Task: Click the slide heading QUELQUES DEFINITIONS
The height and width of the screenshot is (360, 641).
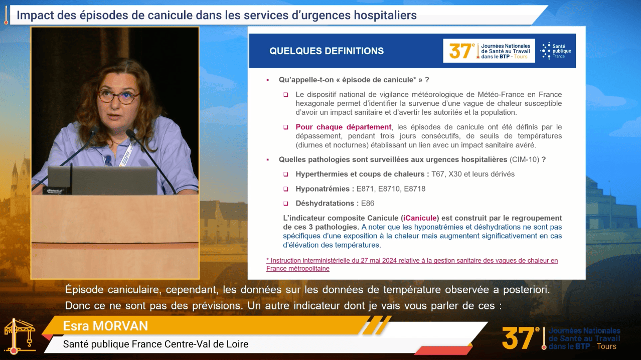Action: click(327, 51)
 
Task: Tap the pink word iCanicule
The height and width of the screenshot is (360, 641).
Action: click(420, 218)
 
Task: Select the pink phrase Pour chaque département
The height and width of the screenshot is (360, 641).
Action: click(344, 127)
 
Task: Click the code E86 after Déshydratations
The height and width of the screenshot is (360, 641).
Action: click(368, 203)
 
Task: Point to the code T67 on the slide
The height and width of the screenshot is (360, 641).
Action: click(437, 174)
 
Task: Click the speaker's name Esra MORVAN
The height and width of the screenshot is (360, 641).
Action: click(106, 326)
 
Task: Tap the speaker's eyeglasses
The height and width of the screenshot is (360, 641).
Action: click(118, 96)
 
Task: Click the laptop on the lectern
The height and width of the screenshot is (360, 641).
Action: click(102, 181)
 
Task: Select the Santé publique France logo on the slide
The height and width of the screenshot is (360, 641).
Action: click(555, 51)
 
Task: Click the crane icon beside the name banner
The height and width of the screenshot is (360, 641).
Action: click(20, 336)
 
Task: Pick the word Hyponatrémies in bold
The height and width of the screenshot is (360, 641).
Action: click(323, 189)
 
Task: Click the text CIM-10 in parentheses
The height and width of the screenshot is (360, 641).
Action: click(524, 159)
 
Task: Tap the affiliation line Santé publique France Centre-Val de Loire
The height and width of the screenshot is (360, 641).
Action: click(155, 344)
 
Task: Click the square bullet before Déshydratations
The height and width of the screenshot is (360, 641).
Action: click(285, 204)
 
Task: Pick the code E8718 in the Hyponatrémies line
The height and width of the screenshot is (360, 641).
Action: click(415, 189)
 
